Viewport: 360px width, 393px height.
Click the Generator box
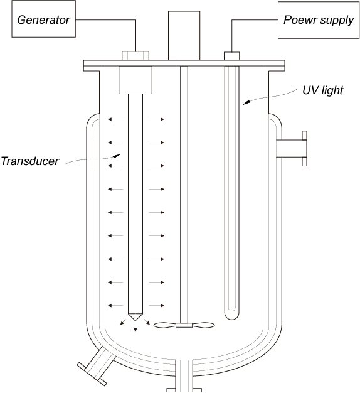43,19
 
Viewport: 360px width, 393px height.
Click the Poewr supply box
319,20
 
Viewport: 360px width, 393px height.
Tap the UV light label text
322,91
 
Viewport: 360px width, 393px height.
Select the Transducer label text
30,161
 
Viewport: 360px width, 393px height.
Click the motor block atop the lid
184,35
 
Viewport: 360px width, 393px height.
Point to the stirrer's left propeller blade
165,325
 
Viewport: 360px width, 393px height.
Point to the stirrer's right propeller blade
203,325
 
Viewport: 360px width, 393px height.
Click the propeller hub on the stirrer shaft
184,325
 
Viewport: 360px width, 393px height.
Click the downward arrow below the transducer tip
135,327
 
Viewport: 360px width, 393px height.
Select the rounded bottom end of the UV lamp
232,315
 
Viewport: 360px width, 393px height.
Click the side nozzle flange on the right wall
304,148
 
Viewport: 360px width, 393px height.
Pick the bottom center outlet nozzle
184,376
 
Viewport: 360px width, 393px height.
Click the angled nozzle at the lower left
96,365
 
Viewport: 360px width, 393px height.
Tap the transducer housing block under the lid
135,80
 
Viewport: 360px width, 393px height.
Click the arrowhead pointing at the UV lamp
247,102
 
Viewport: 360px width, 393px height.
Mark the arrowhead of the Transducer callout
117,156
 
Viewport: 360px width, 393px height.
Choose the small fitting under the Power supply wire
232,56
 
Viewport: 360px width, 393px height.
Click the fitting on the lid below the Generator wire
135,56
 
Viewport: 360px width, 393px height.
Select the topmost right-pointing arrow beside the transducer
156,119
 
